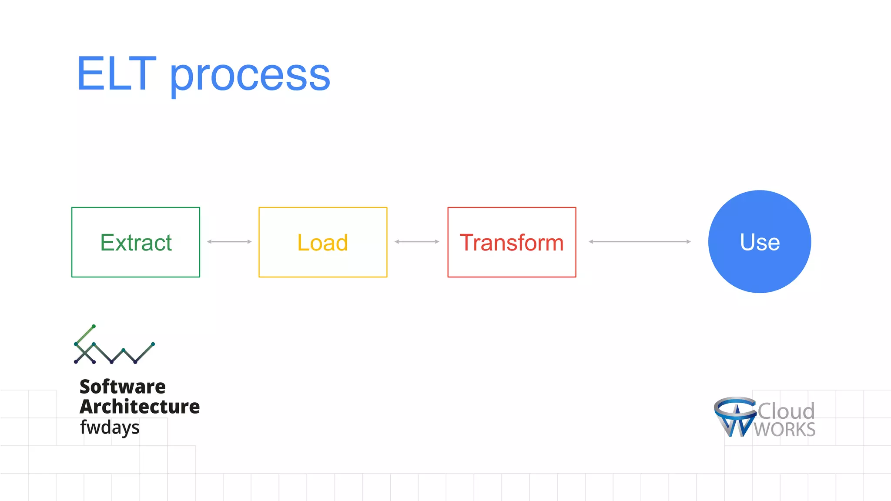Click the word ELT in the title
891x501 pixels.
click(116, 74)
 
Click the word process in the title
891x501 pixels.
click(250, 77)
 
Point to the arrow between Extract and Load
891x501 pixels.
click(229, 241)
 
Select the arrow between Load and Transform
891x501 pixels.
click(417, 241)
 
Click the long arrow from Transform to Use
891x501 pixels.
click(640, 241)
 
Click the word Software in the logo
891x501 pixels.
click(123, 387)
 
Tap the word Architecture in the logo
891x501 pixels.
click(139, 407)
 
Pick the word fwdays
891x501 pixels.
click(110, 428)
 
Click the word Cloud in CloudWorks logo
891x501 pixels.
click(786, 411)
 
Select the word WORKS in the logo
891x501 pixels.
click(784, 430)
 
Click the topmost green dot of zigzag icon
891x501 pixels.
click(94, 326)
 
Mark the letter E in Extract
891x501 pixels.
click(107, 242)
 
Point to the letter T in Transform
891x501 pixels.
click(467, 242)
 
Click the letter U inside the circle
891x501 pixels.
click(748, 242)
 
